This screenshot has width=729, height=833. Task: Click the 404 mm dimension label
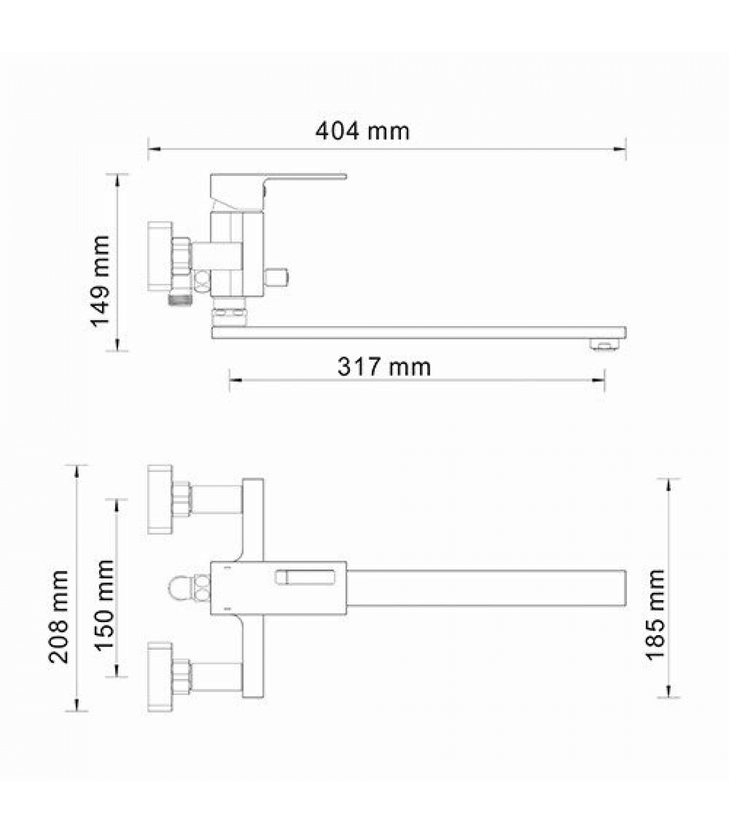(x=362, y=131)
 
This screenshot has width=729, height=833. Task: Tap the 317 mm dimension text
(x=384, y=367)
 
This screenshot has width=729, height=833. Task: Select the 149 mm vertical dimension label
(x=100, y=281)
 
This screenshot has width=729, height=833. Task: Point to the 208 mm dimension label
(x=58, y=616)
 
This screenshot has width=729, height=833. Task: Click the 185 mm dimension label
(x=656, y=615)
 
